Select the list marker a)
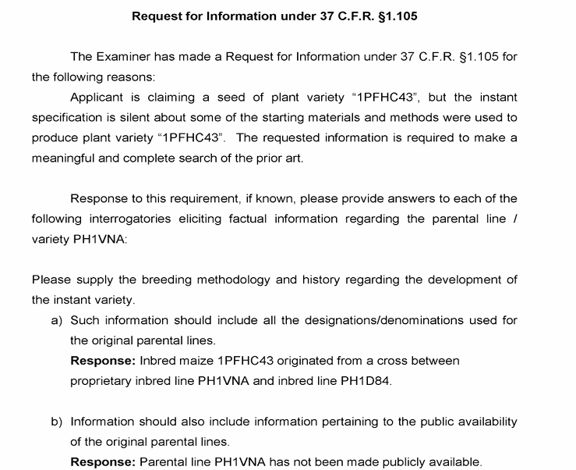click(x=57, y=320)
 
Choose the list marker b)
click(x=57, y=422)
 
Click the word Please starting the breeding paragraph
click(x=51, y=280)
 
